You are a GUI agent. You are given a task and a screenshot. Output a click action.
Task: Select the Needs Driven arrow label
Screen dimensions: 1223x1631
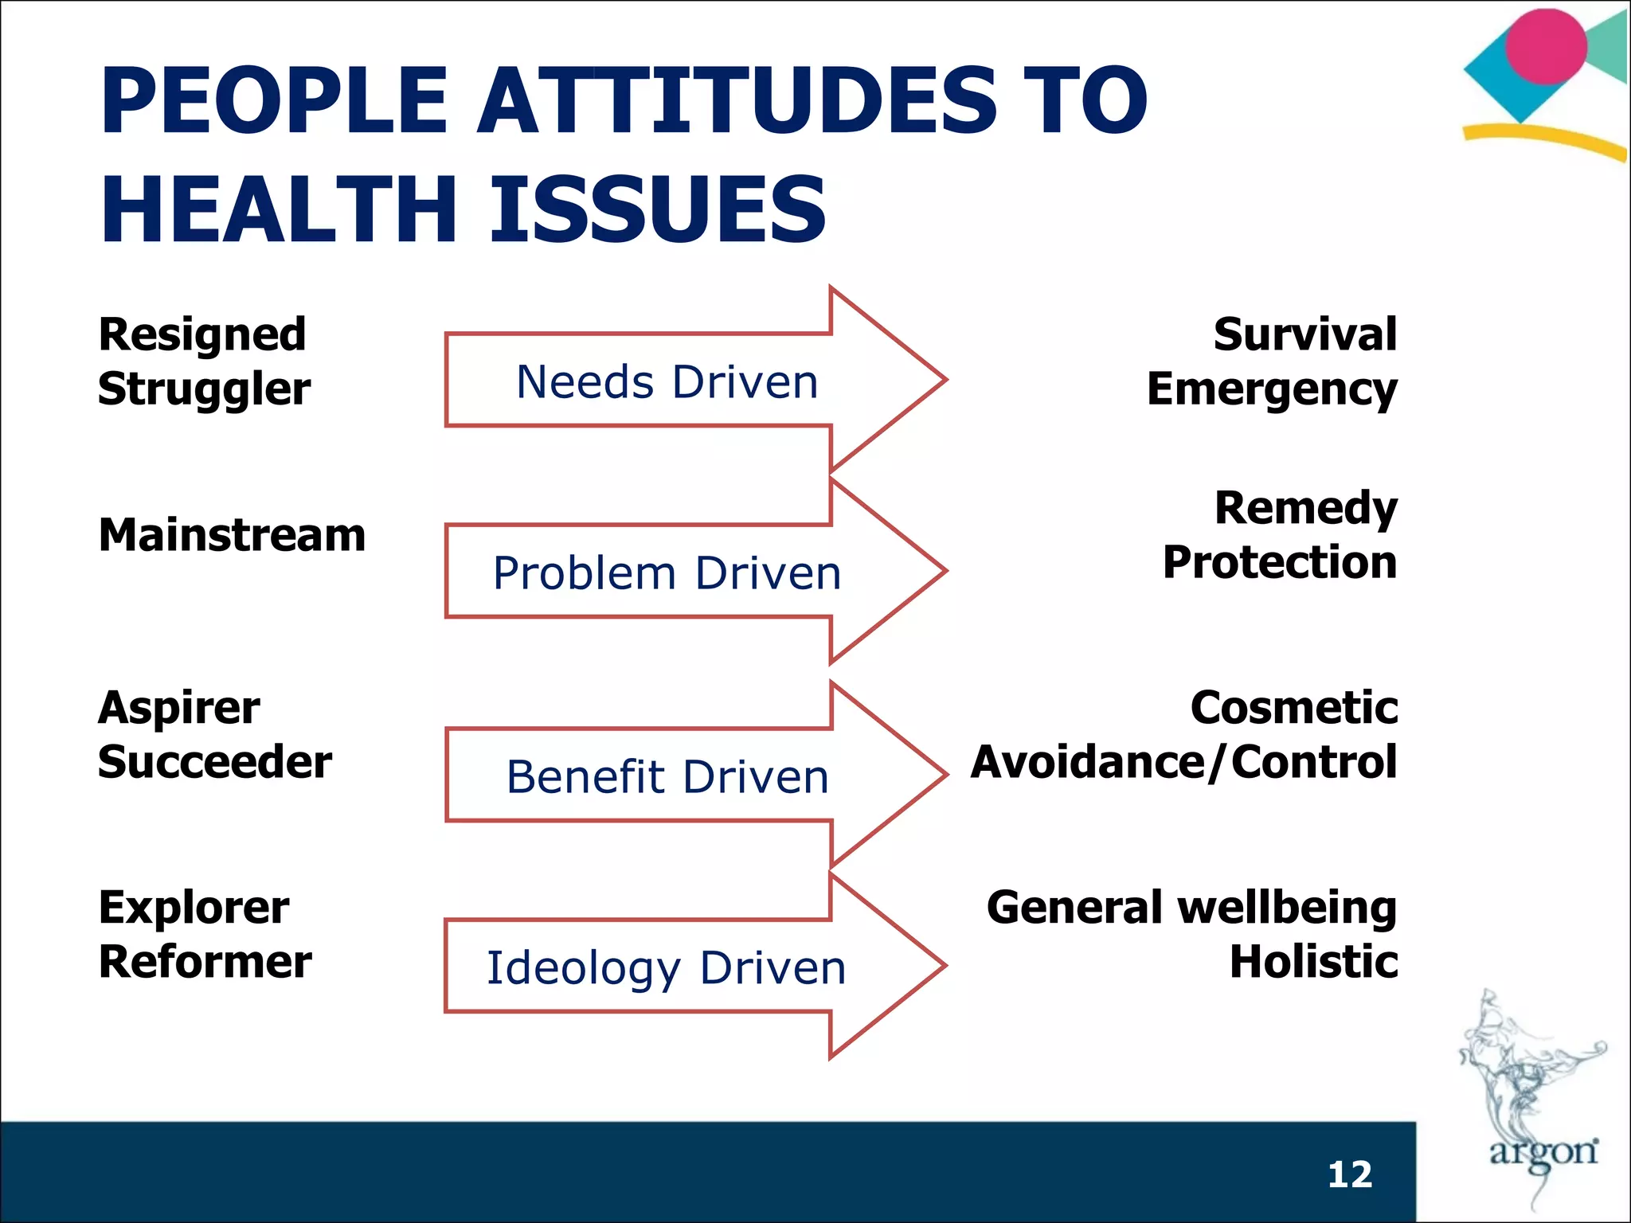pos(667,381)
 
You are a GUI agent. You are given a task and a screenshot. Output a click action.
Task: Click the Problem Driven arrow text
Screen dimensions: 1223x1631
pos(667,572)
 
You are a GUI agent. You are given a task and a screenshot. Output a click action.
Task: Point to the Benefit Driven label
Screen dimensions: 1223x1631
pos(667,776)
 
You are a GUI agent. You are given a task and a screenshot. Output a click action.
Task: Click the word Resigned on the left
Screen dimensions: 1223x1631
pos(202,334)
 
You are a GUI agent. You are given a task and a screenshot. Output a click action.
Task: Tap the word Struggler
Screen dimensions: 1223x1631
pos(204,389)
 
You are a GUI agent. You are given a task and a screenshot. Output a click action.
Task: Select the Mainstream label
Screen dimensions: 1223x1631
pos(232,534)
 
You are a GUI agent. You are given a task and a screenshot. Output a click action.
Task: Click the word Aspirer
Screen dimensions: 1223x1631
pos(178,708)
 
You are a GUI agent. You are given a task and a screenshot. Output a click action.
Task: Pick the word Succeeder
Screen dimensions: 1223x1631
pos(214,762)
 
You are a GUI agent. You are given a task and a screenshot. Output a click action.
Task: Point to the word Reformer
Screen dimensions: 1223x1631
pos(205,961)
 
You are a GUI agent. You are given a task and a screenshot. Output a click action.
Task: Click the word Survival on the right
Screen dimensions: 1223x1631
pos(1304,334)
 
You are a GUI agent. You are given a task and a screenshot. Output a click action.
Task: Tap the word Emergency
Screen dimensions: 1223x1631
pos(1271,389)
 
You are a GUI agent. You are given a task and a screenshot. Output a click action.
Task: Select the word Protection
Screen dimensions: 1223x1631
pos(1279,562)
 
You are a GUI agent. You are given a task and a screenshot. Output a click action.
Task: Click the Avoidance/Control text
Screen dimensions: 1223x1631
pos(1183,762)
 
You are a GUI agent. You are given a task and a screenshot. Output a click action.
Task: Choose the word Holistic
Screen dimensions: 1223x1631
pos(1313,961)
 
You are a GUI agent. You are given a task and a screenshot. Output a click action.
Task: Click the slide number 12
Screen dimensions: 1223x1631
pos(1350,1174)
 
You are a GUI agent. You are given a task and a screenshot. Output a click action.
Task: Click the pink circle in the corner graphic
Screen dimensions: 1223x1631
pos(1546,46)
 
